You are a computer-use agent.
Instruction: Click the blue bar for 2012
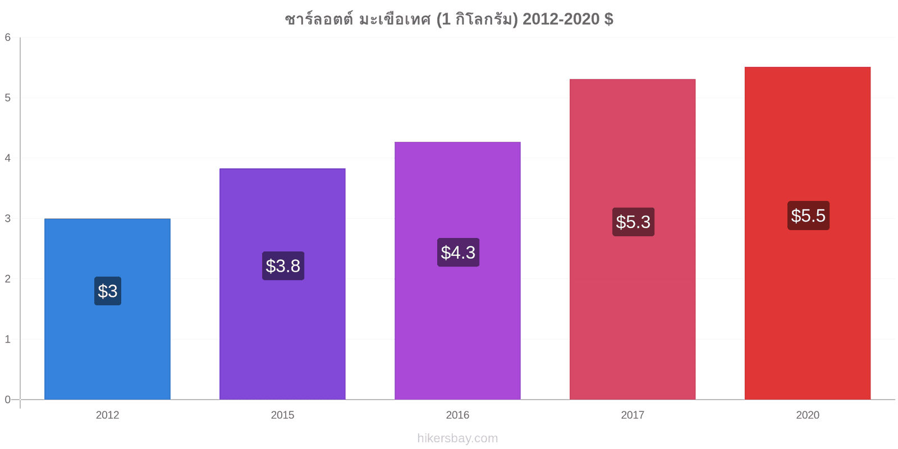107,309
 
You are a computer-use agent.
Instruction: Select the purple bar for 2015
283,284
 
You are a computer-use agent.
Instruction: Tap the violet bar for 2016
457,271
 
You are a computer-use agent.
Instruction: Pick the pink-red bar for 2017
633,239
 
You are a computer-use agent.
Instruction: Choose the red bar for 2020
808,233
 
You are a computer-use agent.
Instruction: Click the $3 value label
108,291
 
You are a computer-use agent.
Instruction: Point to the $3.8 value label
283,266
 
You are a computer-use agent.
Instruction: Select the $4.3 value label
458,252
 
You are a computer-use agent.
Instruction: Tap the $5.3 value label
634,222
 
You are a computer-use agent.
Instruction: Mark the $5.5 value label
808,216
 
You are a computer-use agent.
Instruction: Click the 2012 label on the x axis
107,415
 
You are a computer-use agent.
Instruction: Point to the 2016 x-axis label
457,415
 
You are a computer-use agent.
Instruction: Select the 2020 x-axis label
808,415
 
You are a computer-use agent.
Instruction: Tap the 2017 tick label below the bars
633,415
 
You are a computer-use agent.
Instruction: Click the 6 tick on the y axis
8,37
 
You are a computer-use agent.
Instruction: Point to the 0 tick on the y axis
8,400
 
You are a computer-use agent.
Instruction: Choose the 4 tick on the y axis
8,158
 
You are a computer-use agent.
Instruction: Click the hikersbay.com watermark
457,438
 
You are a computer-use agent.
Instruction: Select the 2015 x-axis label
283,415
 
